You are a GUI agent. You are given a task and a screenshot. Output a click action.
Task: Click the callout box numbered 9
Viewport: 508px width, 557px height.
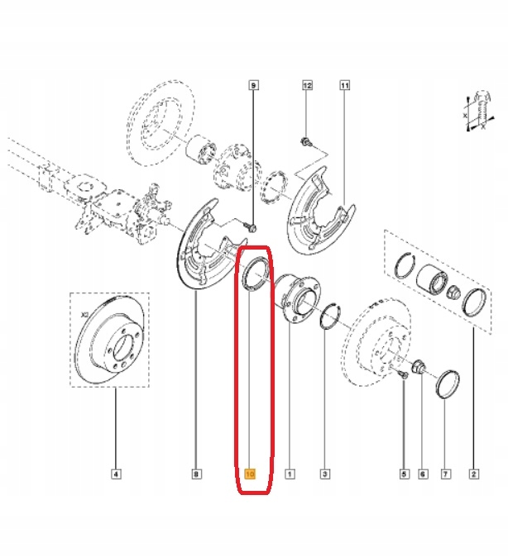point(254,85)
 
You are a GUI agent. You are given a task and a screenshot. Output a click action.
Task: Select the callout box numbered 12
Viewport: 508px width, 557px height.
point(307,85)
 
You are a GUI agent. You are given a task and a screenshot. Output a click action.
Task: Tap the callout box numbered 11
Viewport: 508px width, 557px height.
point(344,85)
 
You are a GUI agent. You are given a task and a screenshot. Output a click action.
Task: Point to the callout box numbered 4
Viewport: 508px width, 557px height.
point(116,474)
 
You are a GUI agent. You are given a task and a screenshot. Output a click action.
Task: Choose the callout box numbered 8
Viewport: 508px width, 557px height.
point(196,474)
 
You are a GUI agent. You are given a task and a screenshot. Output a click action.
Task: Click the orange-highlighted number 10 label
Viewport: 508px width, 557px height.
point(251,474)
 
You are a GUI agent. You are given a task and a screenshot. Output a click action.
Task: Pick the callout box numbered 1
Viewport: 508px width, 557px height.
point(290,474)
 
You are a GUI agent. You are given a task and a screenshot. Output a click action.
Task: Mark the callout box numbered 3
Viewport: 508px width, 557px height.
point(324,474)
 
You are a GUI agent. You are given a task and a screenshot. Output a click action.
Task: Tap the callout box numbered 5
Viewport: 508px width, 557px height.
point(405,474)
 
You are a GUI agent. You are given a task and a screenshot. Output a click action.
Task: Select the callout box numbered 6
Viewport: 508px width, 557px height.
point(423,474)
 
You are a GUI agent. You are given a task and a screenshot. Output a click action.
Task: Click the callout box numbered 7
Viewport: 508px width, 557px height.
point(445,474)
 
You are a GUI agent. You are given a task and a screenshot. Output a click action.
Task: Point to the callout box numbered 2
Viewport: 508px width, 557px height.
point(473,474)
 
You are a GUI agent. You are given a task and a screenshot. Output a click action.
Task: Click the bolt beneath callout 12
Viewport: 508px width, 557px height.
point(306,141)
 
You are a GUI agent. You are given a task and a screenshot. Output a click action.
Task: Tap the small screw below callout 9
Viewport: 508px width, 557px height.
point(252,225)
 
